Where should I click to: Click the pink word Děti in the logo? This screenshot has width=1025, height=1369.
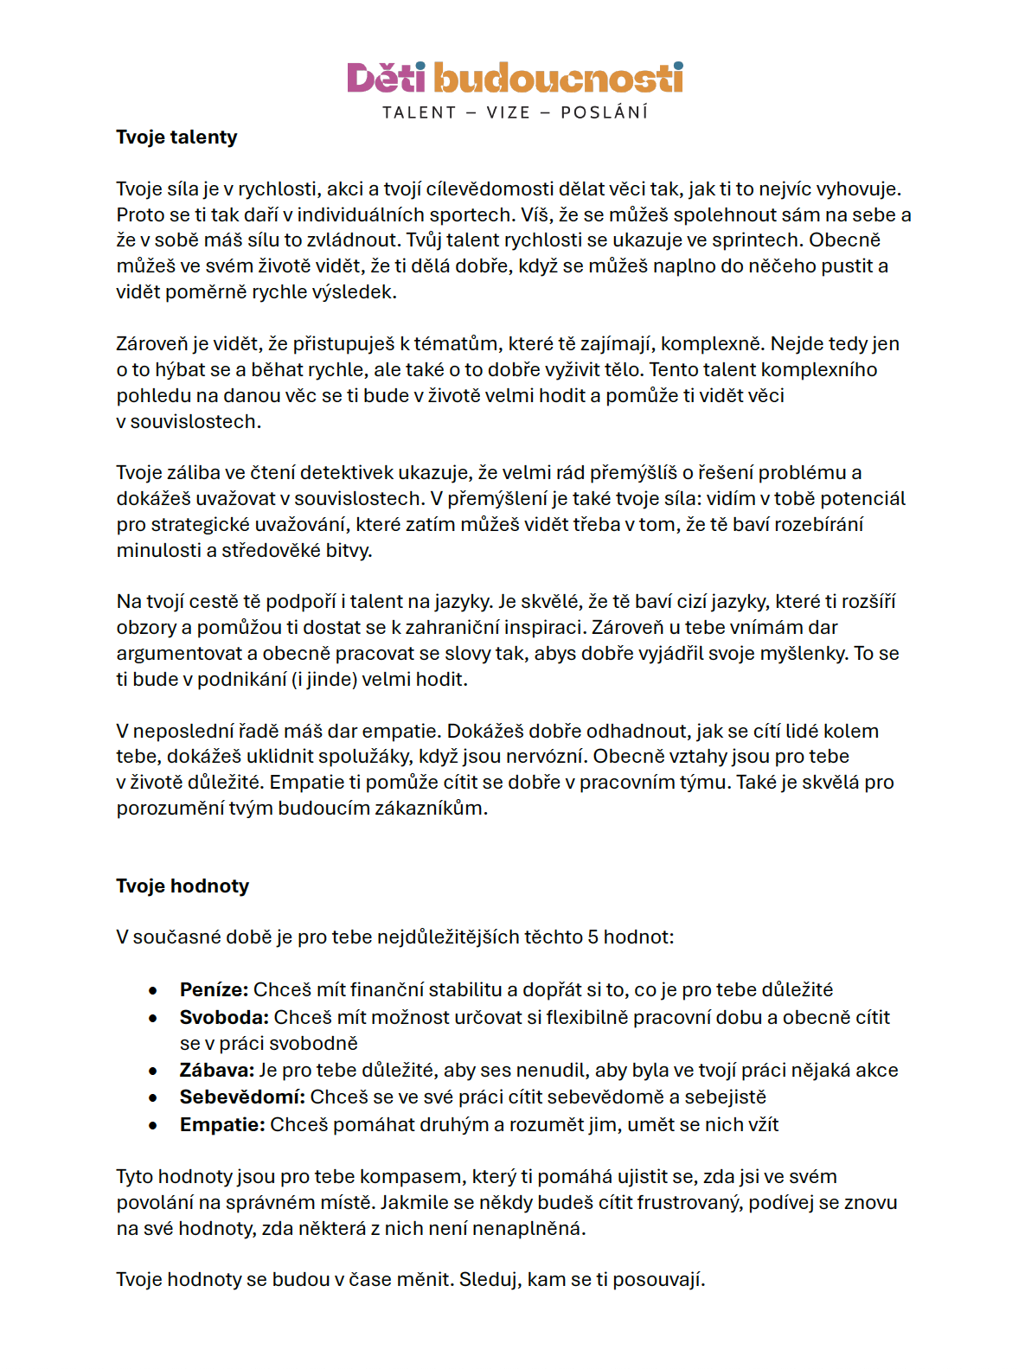pyautogui.click(x=386, y=78)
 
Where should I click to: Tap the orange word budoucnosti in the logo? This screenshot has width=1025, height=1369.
pyautogui.click(x=558, y=78)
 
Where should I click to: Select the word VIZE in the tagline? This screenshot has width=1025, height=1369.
pyautogui.click(x=508, y=112)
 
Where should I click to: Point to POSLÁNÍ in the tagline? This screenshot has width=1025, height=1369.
pyautogui.click(x=604, y=112)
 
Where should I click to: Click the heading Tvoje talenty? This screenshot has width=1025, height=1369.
pyautogui.click(x=176, y=137)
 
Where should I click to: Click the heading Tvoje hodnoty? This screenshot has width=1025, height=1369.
pyautogui.click(x=183, y=886)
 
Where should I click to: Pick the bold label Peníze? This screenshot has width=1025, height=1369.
pyautogui.click(x=214, y=989)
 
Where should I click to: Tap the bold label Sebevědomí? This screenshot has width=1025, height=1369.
pyautogui.click(x=242, y=1097)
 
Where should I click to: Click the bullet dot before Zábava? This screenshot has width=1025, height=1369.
pyautogui.click(x=153, y=1072)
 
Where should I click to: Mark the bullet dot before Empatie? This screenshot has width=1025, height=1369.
pyautogui.click(x=153, y=1125)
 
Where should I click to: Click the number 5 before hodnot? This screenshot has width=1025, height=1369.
pyautogui.click(x=593, y=937)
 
